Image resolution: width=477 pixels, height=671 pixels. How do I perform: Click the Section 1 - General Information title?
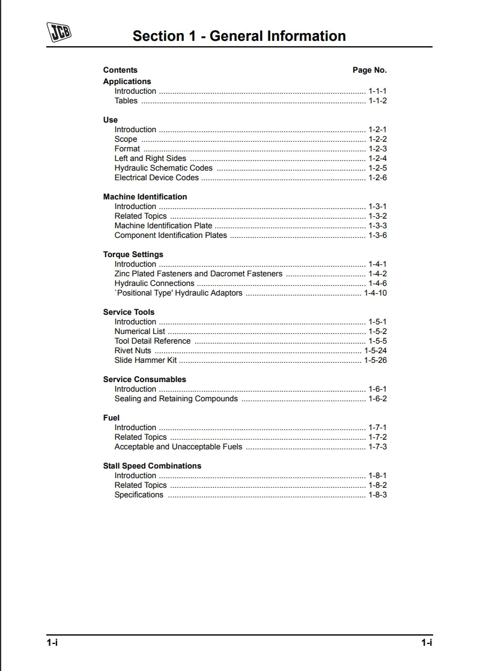coord(239,36)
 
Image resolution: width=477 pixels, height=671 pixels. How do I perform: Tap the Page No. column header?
coord(369,70)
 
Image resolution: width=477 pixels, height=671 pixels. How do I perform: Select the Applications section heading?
coord(127,82)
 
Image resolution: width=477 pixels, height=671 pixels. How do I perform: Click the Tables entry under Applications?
coord(126,101)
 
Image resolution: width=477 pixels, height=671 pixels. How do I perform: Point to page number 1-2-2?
coord(377,139)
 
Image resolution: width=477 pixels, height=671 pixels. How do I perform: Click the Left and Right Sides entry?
coord(150,159)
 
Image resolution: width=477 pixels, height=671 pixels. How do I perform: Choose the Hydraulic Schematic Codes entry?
coord(163,168)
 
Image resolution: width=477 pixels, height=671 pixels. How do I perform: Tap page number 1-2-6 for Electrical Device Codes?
coord(377,178)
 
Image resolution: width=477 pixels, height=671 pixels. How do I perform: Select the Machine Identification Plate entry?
coord(163,226)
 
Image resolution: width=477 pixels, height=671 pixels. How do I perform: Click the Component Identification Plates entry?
coord(171,235)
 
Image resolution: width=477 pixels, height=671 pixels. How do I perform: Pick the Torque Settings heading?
coord(133,255)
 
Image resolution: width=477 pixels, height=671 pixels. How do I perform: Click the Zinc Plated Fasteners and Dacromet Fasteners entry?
coord(198,274)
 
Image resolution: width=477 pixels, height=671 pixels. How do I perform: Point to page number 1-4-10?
coord(375,293)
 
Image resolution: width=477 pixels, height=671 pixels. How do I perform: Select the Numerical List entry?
coord(140,332)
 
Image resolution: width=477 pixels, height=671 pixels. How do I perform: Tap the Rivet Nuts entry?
coord(133,351)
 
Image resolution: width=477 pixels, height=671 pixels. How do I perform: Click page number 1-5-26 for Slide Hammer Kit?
coord(375,360)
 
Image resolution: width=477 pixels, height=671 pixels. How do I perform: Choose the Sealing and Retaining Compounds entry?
coord(176,399)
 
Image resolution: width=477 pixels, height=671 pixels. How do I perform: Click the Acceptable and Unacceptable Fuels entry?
coord(178,447)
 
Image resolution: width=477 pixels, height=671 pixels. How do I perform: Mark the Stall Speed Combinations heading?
coord(152,466)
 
